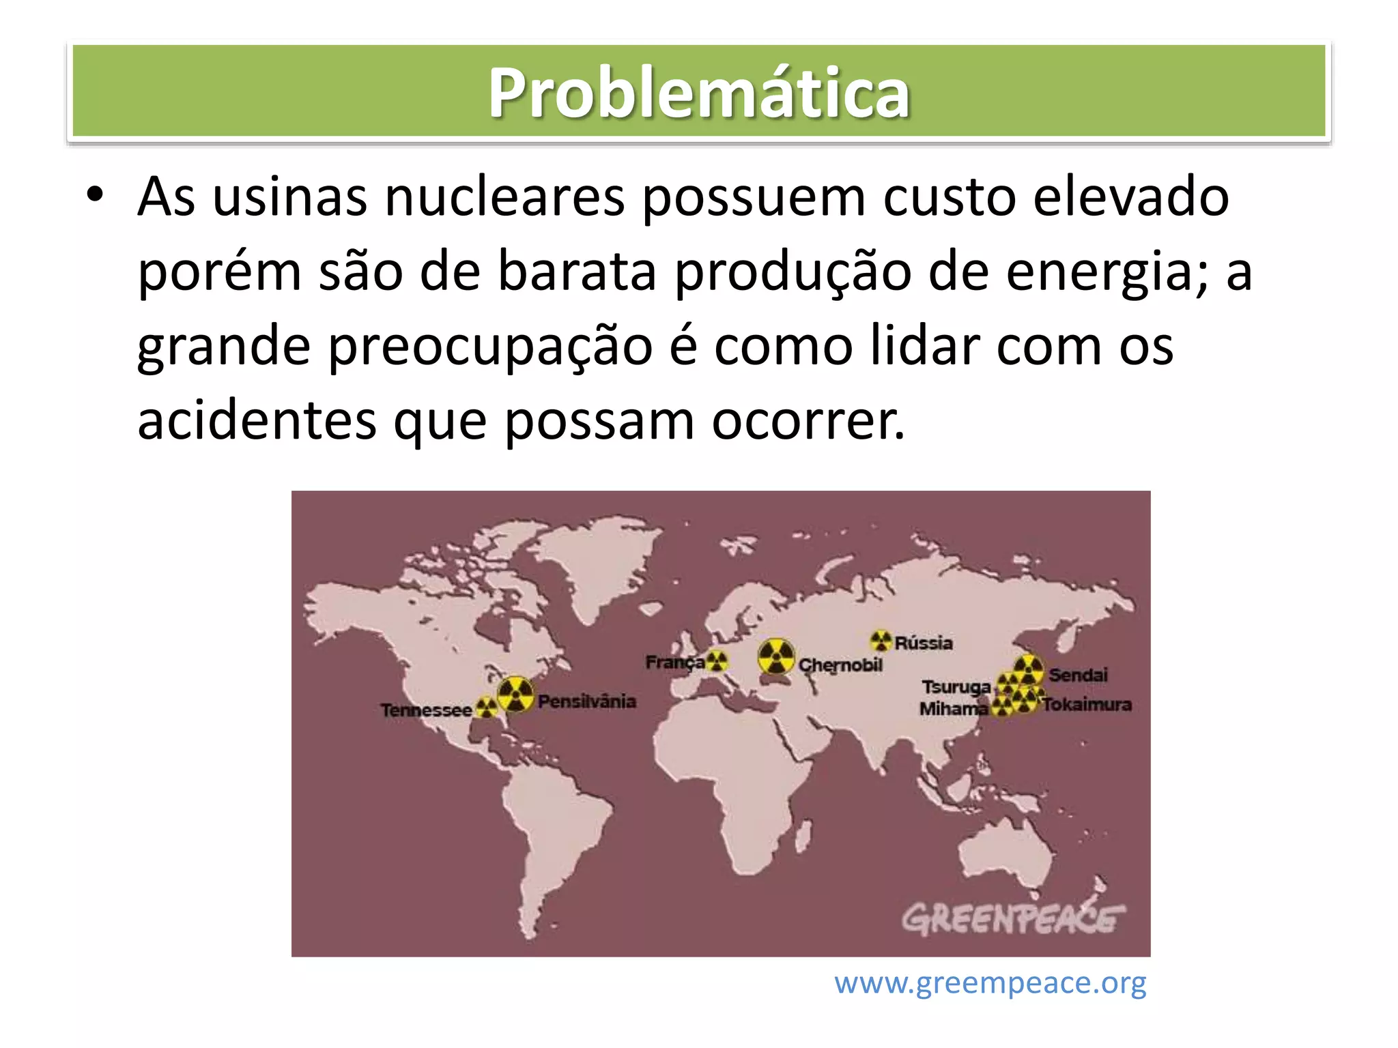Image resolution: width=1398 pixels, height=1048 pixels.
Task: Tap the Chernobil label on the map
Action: (x=840, y=665)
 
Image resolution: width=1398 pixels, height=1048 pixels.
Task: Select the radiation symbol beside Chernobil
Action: (x=776, y=657)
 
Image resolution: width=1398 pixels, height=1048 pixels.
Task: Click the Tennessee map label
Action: (x=426, y=710)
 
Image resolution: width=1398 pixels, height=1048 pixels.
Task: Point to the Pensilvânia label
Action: (x=586, y=701)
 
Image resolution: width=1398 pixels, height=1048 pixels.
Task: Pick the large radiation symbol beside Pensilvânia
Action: (x=515, y=695)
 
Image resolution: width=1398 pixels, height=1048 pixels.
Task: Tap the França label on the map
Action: (x=674, y=663)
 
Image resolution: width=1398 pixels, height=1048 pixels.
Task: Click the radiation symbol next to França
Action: (x=717, y=660)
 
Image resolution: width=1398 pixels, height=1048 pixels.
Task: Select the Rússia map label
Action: (x=924, y=643)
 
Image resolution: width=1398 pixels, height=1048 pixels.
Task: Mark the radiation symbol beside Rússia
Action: (x=881, y=641)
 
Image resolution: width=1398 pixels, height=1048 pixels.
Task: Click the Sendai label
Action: (x=1078, y=675)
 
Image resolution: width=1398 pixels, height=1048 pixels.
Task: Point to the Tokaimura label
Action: (x=1087, y=704)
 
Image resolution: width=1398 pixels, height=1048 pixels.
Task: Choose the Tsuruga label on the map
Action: (x=956, y=687)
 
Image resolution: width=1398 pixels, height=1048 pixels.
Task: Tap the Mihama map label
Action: (x=953, y=709)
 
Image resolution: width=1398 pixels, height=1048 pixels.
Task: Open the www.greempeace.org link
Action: (x=990, y=983)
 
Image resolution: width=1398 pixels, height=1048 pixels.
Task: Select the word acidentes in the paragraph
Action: (x=257, y=420)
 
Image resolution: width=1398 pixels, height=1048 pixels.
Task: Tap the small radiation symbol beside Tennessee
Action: (x=486, y=707)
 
